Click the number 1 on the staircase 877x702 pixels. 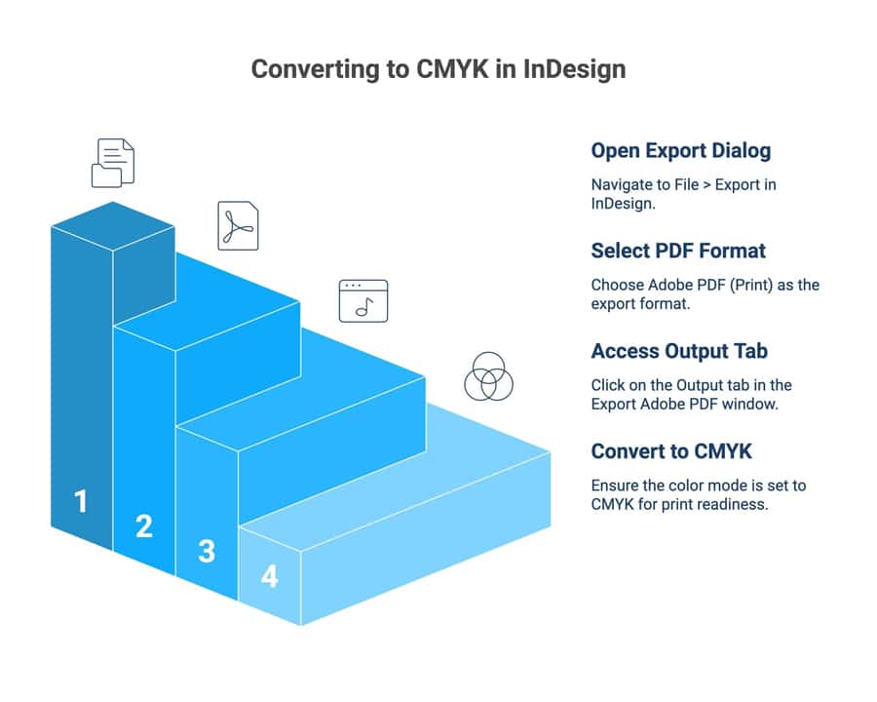(x=81, y=501)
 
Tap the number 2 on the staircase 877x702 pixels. (x=144, y=526)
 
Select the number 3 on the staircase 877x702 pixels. (x=207, y=551)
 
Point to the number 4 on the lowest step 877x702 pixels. (x=269, y=576)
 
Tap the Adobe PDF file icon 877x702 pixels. (x=238, y=226)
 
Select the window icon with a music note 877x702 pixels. (x=362, y=300)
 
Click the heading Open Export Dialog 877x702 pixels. (x=680, y=151)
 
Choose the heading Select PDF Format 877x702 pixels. (x=678, y=251)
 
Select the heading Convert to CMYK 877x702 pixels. (x=671, y=451)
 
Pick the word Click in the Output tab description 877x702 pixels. (x=609, y=385)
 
